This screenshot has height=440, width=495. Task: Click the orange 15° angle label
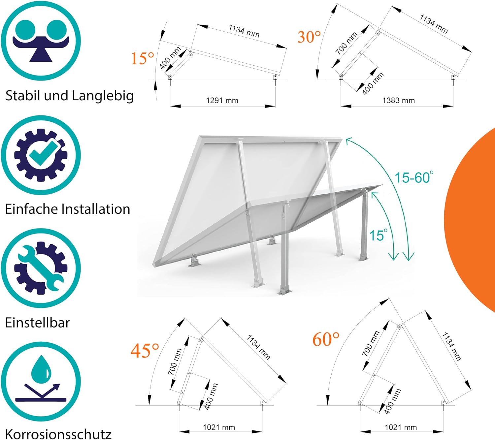point(143,59)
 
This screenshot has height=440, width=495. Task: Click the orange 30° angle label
point(309,37)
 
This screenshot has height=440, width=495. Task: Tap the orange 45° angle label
point(145,351)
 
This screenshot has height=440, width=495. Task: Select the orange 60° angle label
point(326,339)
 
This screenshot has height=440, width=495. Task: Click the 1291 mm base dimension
point(222,100)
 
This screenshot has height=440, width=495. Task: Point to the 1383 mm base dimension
point(399,100)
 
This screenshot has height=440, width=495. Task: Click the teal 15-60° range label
point(414,177)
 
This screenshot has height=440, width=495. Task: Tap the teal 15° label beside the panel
point(378,235)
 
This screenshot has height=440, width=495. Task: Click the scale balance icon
point(41,41)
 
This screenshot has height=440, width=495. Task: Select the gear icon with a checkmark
point(41,155)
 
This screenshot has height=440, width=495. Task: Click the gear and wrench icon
point(41,268)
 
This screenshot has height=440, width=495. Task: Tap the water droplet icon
point(41,381)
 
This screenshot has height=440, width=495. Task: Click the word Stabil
point(23,95)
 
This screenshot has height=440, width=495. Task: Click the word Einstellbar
point(37,323)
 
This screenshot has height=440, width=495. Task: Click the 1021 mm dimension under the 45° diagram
point(219,427)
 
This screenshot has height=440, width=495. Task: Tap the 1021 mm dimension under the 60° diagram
point(401,427)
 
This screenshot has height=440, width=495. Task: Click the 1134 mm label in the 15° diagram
point(244,31)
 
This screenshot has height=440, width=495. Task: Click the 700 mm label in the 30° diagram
point(346,43)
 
